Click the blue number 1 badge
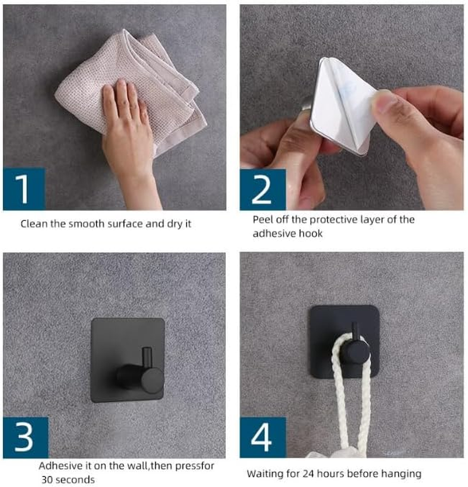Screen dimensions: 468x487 [x=24, y=189]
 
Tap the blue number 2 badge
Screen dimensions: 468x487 [x=263, y=189]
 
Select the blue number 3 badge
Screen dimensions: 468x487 [x=26, y=437]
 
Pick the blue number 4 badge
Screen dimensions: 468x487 [x=263, y=437]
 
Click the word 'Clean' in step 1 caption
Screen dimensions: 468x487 [x=34, y=224]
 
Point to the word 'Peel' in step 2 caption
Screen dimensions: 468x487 [x=263, y=220]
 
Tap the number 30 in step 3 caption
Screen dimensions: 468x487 [x=47, y=479]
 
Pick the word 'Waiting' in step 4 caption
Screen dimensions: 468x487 [x=265, y=474]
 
